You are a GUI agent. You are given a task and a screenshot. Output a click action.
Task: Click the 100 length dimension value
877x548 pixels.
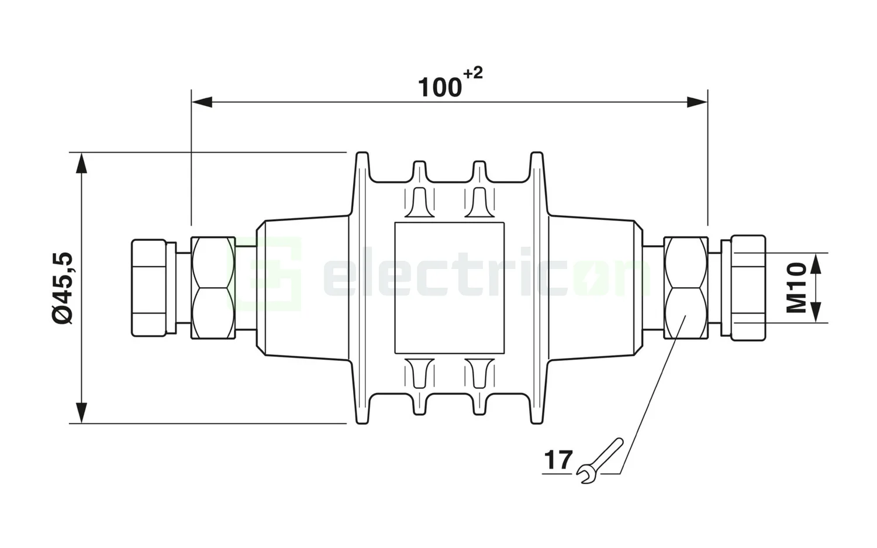[x=439, y=88]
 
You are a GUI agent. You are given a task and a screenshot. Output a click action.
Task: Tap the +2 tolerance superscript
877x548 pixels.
[x=473, y=74]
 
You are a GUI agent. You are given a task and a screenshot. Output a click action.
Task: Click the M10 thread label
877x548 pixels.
[x=796, y=288]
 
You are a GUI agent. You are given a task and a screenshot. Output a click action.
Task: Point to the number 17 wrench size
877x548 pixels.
[x=558, y=460]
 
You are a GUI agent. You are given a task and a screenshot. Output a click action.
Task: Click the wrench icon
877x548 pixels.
[x=599, y=461]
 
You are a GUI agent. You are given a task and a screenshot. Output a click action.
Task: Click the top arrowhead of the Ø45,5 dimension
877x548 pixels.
[x=82, y=163]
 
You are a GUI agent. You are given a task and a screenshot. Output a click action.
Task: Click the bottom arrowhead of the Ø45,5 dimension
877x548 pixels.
[x=82, y=412]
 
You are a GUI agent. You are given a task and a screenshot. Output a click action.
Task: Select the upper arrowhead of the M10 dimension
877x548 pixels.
[x=817, y=263]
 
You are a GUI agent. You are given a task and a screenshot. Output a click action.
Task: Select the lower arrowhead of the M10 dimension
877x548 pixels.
[x=817, y=312]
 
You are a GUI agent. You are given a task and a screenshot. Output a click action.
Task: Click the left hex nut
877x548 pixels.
[x=213, y=287]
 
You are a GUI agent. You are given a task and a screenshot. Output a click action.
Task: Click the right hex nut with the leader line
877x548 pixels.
[x=686, y=287]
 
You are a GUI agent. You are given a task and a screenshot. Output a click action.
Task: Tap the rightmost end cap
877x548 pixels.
[x=748, y=288]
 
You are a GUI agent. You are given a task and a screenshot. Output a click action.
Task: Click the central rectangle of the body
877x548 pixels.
[x=449, y=288]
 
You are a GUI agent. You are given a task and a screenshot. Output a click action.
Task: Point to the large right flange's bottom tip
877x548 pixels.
[x=537, y=421]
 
